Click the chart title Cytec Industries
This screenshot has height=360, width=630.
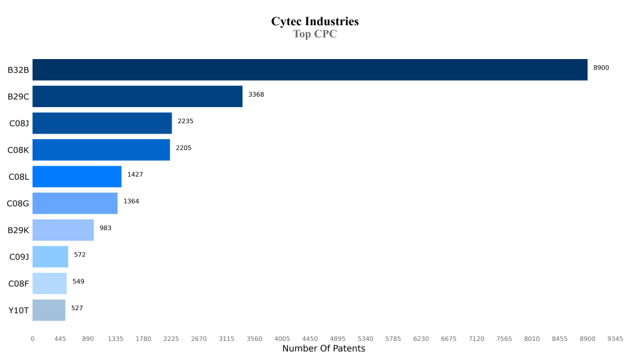click(x=314, y=22)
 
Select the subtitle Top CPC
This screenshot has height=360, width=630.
click(x=314, y=34)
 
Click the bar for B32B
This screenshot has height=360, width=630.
click(x=309, y=70)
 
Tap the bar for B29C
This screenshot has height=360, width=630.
click(x=137, y=97)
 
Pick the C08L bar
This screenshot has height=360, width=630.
click(x=77, y=177)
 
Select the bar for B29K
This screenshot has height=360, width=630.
click(x=63, y=230)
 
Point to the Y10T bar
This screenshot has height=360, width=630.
click(x=49, y=310)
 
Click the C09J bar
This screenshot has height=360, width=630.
click(x=50, y=257)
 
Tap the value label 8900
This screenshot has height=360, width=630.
click(x=601, y=68)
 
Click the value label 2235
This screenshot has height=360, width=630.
click(x=185, y=121)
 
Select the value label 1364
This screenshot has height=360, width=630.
click(x=131, y=201)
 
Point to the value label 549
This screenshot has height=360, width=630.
click(x=78, y=281)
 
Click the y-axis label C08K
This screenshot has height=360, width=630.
click(x=18, y=150)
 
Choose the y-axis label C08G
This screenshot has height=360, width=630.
click(x=18, y=204)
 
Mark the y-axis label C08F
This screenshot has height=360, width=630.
click(x=18, y=284)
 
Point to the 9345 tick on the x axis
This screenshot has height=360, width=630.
click(x=615, y=338)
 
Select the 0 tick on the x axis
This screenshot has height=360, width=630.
click(x=33, y=338)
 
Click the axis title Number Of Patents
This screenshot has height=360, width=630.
click(x=324, y=349)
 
